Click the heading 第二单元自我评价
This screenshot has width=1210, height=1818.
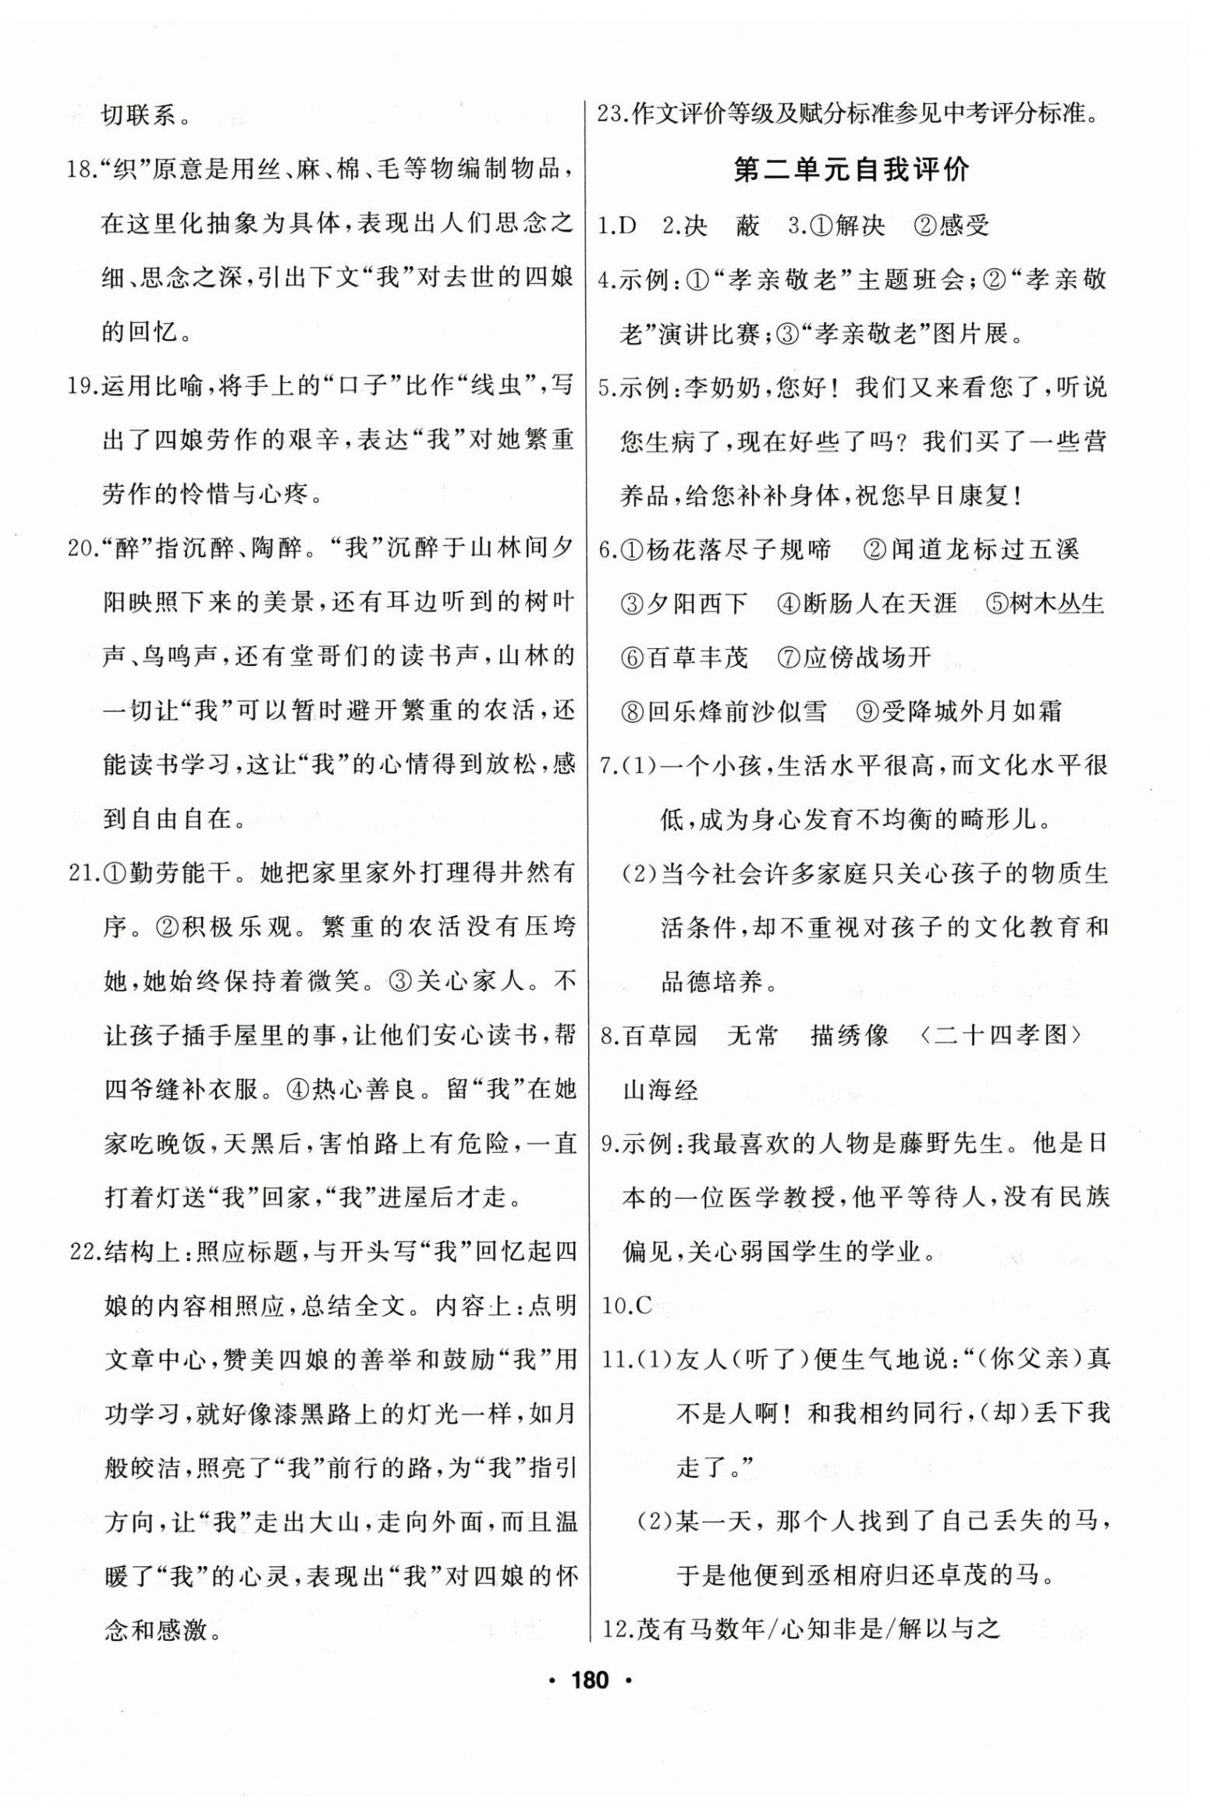(852, 169)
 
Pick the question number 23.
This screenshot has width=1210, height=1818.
(611, 115)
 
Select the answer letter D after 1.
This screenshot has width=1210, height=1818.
(628, 225)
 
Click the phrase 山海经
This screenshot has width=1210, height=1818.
(659, 1088)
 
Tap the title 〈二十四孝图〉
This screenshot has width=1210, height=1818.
(1001, 1035)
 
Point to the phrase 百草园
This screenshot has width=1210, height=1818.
(659, 1035)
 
